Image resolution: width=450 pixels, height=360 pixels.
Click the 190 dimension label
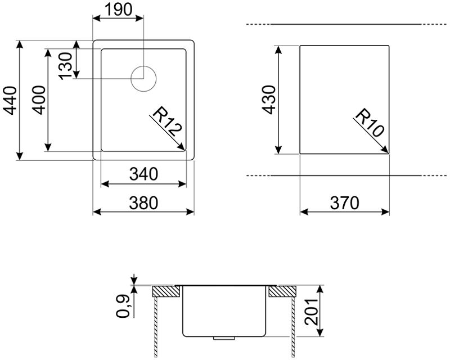[x=118, y=9]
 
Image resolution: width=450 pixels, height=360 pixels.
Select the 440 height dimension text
[x=9, y=100]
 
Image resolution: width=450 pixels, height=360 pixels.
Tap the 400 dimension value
[x=38, y=100]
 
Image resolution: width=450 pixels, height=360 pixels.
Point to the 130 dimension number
[x=65, y=66]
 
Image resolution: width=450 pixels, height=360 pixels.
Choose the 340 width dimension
[x=143, y=174]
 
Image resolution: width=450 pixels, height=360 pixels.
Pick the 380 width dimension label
[x=143, y=202]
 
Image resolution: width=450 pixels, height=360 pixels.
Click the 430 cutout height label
[x=269, y=100]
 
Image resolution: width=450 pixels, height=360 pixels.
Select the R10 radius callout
[x=370, y=123]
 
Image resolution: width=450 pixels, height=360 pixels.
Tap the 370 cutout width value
[x=344, y=203]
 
